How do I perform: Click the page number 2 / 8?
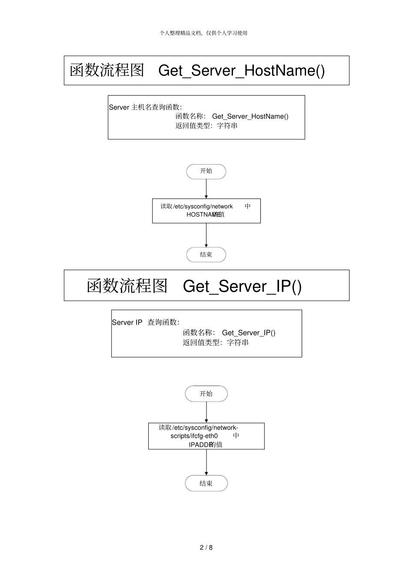[x=206, y=547]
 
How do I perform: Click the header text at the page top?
[x=203, y=33]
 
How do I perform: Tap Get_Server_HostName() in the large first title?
[x=241, y=70]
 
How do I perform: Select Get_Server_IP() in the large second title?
[x=242, y=286]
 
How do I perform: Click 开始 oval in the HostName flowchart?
[x=206, y=172]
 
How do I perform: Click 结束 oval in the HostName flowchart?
[x=206, y=255]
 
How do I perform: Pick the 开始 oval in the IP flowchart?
[x=206, y=394]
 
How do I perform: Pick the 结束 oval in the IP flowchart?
[x=206, y=483]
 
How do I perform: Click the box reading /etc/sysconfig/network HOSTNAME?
[x=206, y=211]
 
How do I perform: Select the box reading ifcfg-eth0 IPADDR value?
[x=206, y=436]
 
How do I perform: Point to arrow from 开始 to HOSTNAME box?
[x=206, y=189]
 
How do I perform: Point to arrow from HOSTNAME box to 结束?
[x=206, y=235]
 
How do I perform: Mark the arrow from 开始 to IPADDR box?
[x=206, y=412]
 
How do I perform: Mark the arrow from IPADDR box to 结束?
[x=206, y=462]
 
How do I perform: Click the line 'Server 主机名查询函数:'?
[x=145, y=107]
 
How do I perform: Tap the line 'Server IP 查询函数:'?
[x=146, y=322]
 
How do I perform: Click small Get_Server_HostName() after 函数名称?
[x=250, y=116]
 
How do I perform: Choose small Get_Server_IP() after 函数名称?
[x=248, y=333]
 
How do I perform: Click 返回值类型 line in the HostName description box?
[x=206, y=126]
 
